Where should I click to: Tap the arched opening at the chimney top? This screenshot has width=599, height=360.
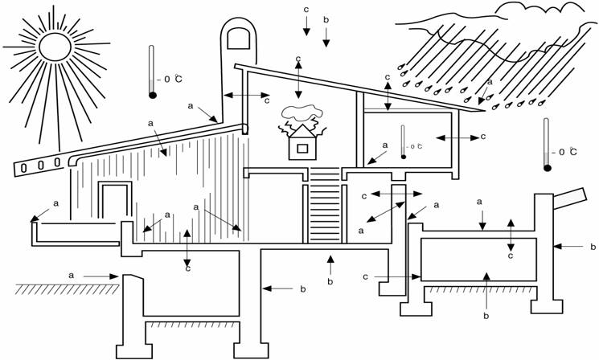coord(237,40)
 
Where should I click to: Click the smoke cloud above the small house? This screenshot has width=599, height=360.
coord(299,114)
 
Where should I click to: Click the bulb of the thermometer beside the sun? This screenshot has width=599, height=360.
coord(152,95)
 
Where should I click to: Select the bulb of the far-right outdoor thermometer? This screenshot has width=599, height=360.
coord(548,168)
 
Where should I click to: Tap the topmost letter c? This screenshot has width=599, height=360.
coord(306,9)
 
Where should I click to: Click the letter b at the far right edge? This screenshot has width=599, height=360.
coord(593,247)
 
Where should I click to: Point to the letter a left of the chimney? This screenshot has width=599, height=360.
coord(191,105)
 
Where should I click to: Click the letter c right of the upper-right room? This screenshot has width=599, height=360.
coord(482,137)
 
